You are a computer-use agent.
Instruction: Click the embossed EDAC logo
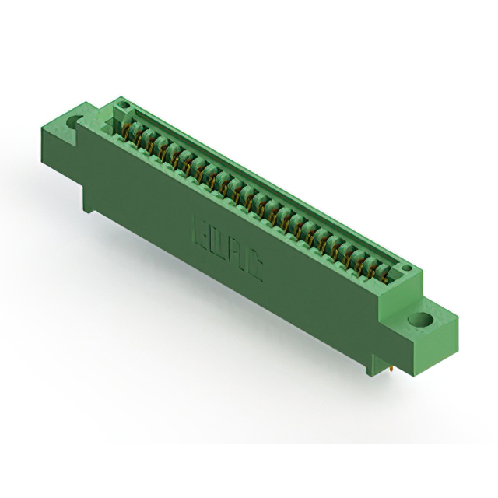pos(226,251)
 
